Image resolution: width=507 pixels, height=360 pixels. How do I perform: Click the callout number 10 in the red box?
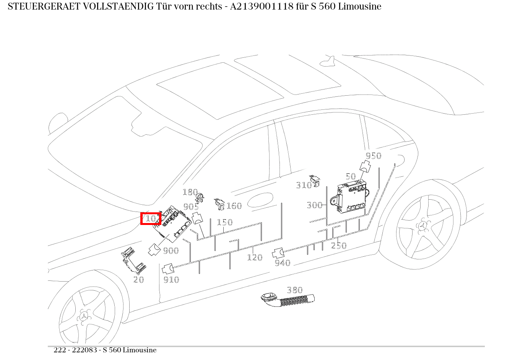point(151,218)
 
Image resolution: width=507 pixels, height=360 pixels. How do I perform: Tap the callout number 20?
point(139,280)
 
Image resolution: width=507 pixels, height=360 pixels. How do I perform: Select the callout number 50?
point(351,176)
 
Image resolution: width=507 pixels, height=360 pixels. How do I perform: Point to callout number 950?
point(373,156)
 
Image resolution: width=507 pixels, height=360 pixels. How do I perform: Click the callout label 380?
point(295,290)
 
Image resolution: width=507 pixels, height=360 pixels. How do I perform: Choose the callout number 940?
point(283,263)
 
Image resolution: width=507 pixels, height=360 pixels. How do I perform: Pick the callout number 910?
point(171,280)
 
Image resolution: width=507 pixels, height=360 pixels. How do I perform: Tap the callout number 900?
point(171,251)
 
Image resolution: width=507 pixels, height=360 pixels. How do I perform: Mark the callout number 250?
point(339,246)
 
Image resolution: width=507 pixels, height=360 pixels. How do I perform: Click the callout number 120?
point(255,257)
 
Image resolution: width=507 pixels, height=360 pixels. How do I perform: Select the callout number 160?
point(234,206)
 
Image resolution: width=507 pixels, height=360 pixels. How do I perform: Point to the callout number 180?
point(190,192)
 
